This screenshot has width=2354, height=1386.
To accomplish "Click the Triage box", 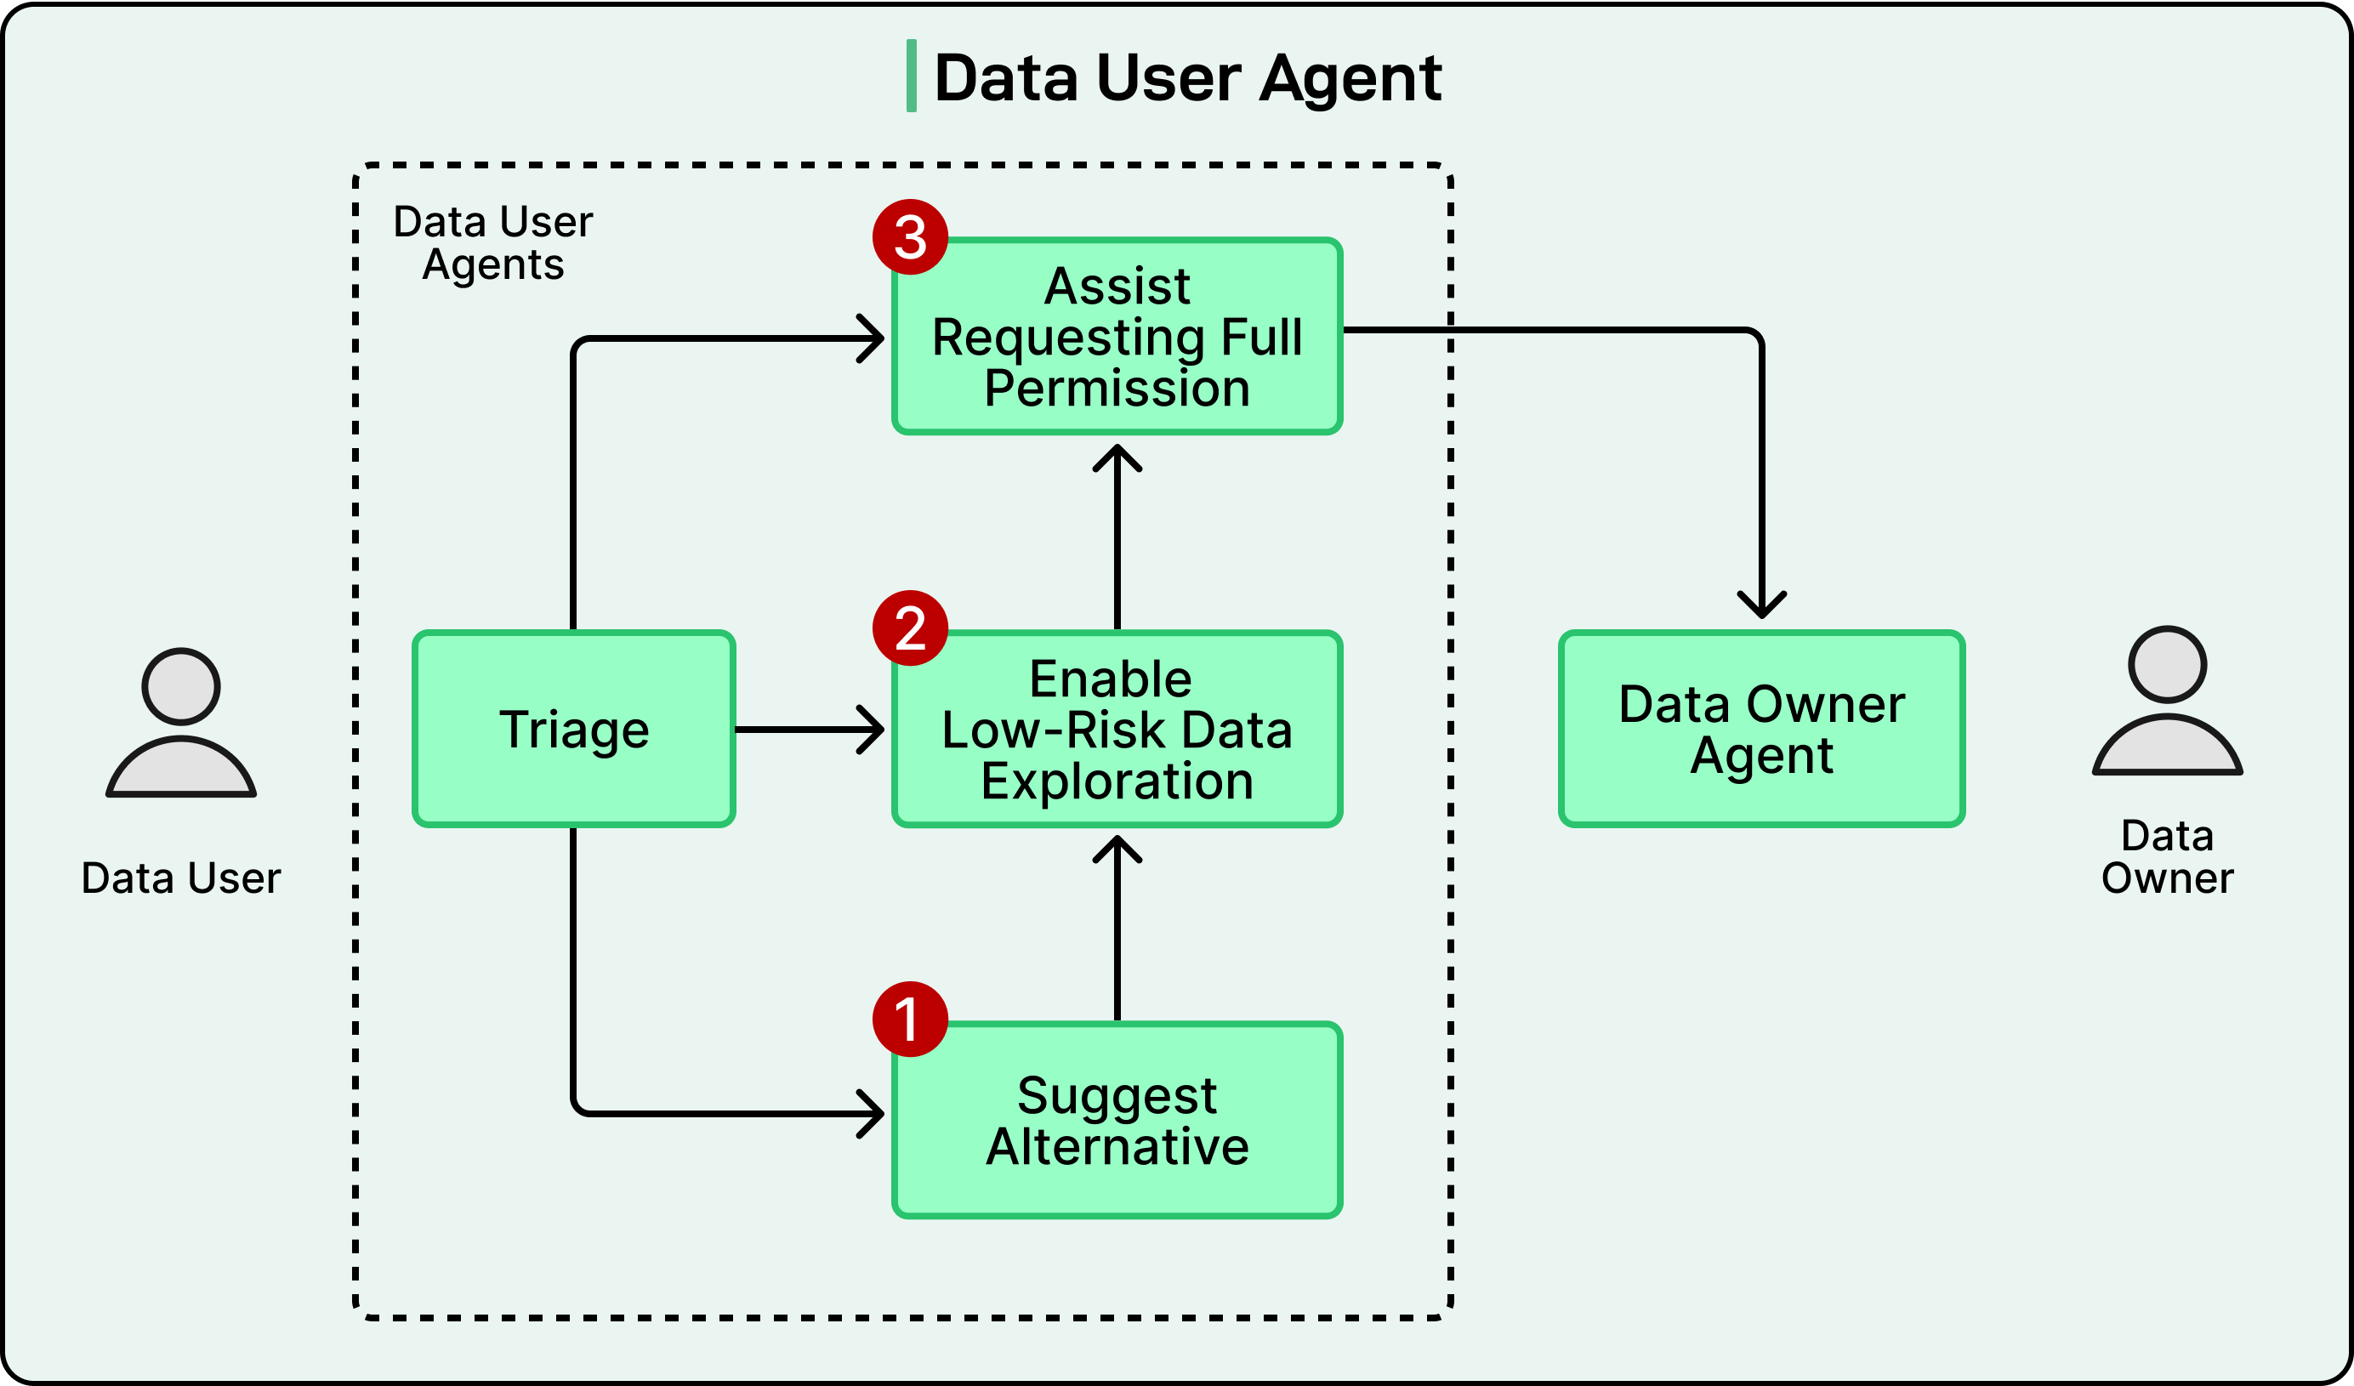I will point(573,729).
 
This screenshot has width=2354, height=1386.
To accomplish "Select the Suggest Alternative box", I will point(1117,1120).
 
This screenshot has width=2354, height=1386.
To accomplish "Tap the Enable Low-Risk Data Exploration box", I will point(1117,729).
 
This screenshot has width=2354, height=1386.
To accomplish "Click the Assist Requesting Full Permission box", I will point(1117,336).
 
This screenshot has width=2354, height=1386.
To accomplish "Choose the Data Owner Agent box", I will point(1762,729).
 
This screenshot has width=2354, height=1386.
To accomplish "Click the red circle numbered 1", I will point(910,1019).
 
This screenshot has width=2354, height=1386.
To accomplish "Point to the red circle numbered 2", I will point(910,628).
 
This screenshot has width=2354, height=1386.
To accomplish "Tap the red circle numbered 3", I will point(910,236).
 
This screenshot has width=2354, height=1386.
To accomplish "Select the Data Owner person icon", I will point(2167,701).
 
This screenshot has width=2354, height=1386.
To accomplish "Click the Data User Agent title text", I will point(1187,77).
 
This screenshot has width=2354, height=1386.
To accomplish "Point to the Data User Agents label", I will point(492,243).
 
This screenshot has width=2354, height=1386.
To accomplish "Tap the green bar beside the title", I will point(911,77).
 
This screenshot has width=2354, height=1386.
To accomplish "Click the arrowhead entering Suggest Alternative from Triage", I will point(871,1113).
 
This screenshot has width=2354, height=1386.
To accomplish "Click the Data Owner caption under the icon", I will point(2167,856).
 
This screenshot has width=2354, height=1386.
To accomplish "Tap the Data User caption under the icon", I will point(180,878).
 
